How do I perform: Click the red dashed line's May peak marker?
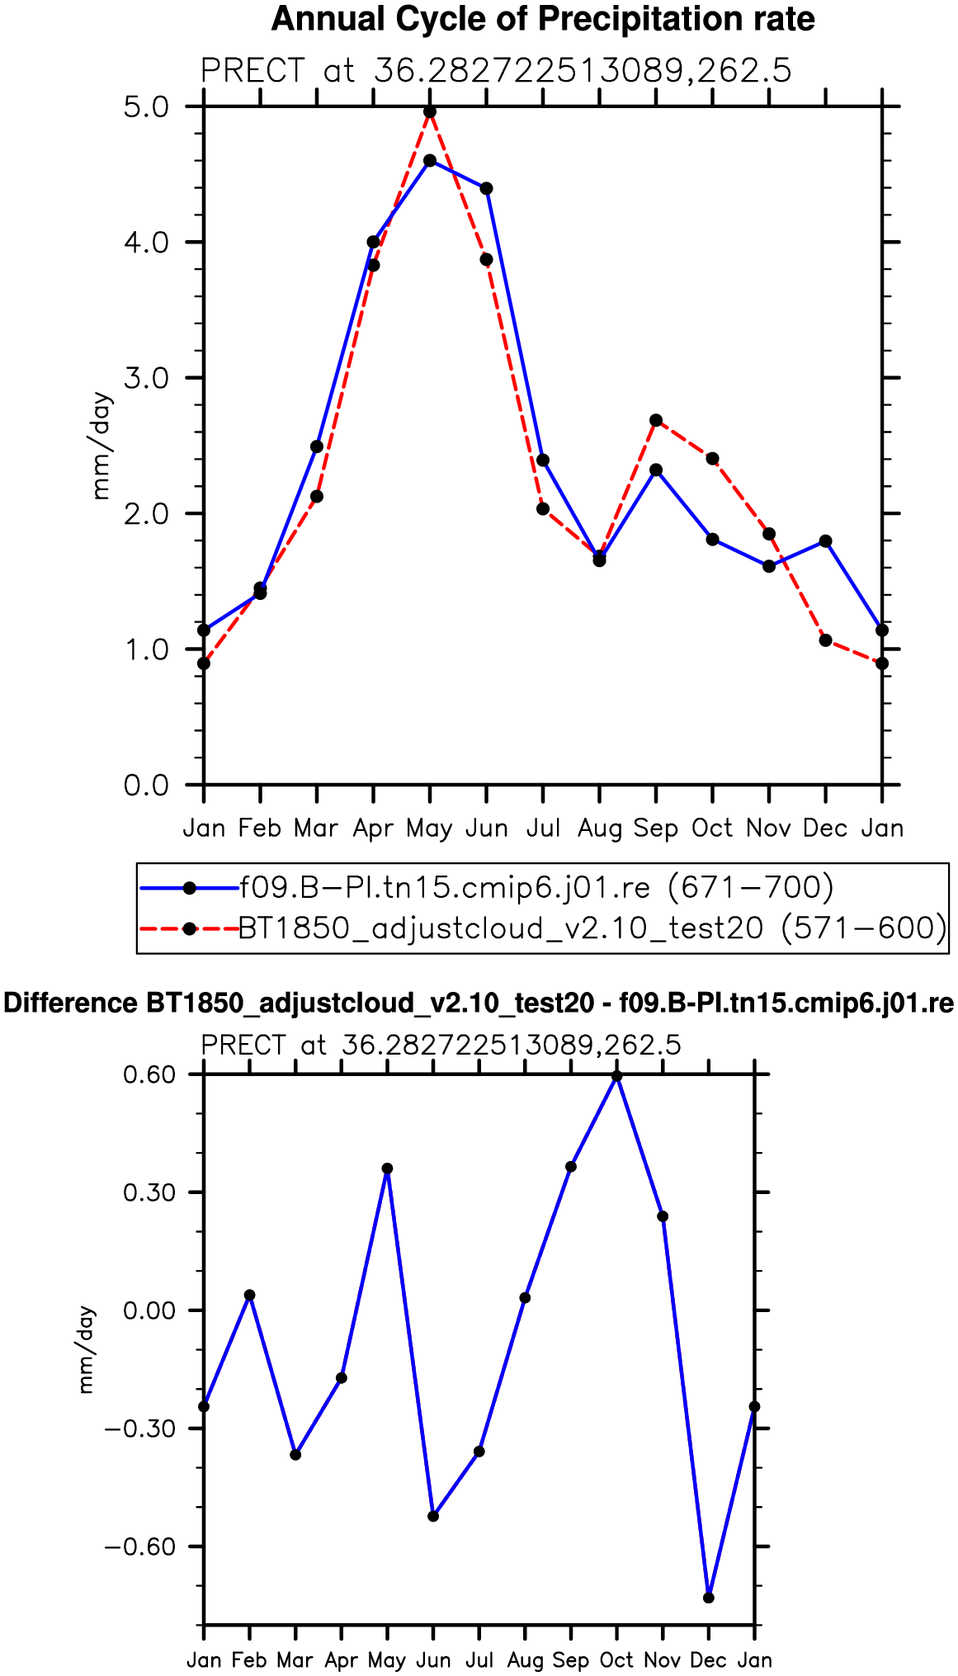click(x=430, y=111)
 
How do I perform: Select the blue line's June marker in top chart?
click(x=486, y=188)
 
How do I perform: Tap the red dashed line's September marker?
click(x=656, y=420)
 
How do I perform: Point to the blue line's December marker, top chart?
click(x=826, y=541)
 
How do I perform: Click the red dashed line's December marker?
click(x=826, y=640)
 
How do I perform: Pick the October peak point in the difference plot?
click(x=616, y=1075)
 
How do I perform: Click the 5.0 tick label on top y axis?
click(x=146, y=107)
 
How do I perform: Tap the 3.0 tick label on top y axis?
click(x=146, y=378)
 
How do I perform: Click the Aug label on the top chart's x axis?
click(x=599, y=828)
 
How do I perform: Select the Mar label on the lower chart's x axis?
click(x=295, y=1659)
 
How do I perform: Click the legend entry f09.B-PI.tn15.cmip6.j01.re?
click(x=536, y=887)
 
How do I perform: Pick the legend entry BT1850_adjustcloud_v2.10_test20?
click(x=592, y=928)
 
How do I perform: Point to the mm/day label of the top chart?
click(x=101, y=446)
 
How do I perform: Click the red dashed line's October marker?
click(x=712, y=458)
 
